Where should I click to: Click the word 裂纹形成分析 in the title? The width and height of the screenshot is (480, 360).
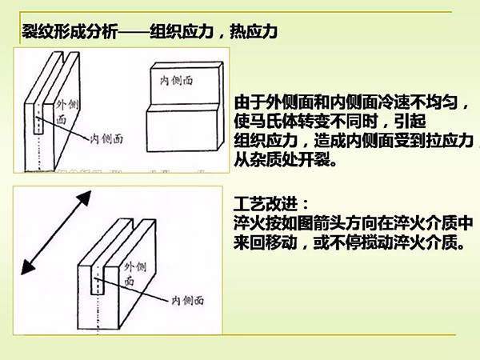70,32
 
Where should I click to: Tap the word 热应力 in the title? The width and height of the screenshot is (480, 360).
254,32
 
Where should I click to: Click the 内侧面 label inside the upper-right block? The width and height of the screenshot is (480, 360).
176,81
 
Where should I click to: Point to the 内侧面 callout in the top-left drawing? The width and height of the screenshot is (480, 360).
106,138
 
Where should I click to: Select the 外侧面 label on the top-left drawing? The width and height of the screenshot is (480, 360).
66,111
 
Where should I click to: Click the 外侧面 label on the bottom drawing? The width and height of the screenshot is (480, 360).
134,273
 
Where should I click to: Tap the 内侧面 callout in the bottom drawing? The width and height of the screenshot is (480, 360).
187,300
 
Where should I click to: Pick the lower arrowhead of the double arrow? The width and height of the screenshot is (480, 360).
27,266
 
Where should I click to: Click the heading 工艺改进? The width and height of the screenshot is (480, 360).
265,204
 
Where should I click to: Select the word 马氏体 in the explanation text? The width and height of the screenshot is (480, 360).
274,121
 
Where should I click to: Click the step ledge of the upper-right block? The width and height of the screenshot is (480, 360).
184,108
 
